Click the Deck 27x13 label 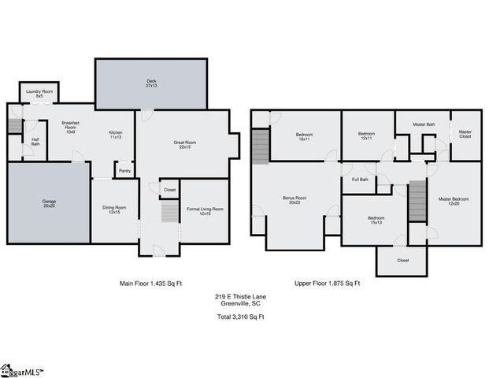[x=151, y=83]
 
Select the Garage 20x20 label [x=49, y=203]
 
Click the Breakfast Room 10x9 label [x=71, y=128]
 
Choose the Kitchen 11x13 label [x=115, y=135]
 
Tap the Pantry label [x=124, y=171]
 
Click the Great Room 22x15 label [x=185, y=144]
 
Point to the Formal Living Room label [x=205, y=210]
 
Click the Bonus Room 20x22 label [x=295, y=200]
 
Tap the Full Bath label [x=359, y=180]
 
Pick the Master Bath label [x=424, y=124]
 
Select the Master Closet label [x=465, y=135]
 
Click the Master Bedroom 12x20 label [x=454, y=201]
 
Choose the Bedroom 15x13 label [x=375, y=220]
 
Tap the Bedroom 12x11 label [x=367, y=135]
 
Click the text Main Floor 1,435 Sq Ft [x=151, y=283]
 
